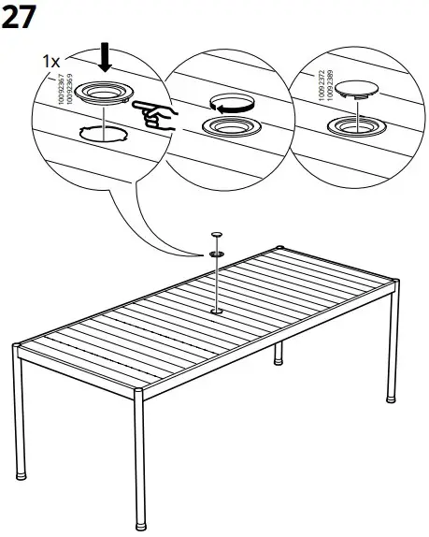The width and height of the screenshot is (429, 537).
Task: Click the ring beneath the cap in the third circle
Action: point(352,125)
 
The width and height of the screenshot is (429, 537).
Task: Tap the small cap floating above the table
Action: point(216,235)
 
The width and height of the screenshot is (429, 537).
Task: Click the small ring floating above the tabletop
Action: point(216,253)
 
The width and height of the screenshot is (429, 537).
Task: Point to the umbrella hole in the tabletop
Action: point(216,311)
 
